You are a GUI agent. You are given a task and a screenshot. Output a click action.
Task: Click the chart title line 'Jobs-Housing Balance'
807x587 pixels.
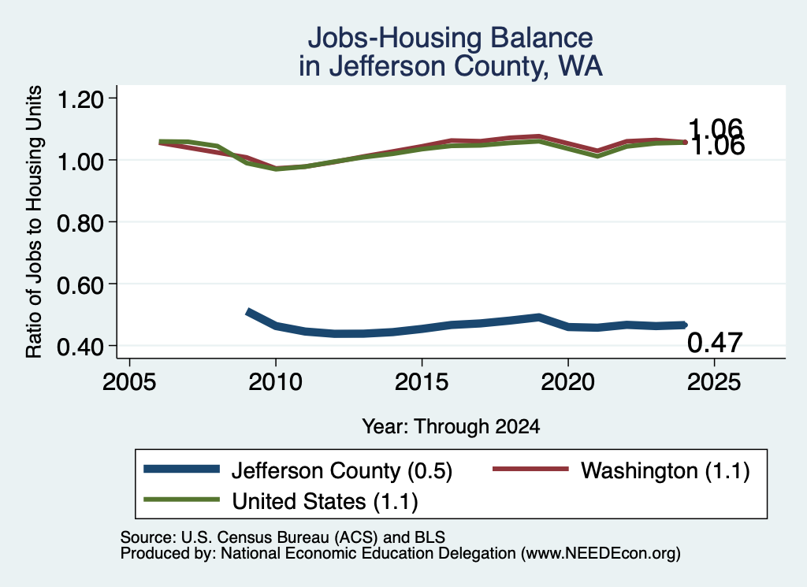point(450,38)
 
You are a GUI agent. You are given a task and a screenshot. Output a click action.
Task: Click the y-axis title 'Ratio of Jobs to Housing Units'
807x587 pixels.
point(34,221)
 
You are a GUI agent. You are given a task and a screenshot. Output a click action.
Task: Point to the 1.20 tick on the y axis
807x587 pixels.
point(80,98)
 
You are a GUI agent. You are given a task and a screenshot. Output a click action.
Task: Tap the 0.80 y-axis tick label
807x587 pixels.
point(80,223)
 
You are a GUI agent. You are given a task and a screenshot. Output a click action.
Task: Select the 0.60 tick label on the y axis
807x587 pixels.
point(80,284)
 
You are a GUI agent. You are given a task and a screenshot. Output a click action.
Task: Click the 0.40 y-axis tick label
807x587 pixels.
point(80,347)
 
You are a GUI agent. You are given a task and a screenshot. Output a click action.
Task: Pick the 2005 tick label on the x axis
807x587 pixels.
point(130,381)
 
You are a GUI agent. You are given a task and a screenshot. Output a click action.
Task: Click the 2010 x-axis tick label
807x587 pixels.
point(276,381)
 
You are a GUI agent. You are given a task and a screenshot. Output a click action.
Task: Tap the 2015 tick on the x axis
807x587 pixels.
point(422,381)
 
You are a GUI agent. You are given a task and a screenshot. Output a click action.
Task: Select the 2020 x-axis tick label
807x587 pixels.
point(568,381)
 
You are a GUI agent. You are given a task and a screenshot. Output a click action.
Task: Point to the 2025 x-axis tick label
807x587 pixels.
point(714,381)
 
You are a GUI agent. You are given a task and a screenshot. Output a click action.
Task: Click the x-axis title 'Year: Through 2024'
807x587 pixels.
point(451,426)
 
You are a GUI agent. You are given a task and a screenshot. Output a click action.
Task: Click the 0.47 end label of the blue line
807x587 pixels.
point(715,343)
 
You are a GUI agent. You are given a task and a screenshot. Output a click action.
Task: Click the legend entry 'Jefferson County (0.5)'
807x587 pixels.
point(298,470)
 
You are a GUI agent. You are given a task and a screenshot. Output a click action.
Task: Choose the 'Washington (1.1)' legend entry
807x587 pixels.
point(621,470)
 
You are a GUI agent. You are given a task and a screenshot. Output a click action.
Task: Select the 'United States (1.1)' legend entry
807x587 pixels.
point(281,501)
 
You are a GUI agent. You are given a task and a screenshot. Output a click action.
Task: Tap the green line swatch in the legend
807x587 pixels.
point(182,500)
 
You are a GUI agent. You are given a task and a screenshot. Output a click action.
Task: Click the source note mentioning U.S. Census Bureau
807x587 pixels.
point(283,537)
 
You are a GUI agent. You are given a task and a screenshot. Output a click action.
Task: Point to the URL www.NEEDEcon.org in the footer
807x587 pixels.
point(601,554)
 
